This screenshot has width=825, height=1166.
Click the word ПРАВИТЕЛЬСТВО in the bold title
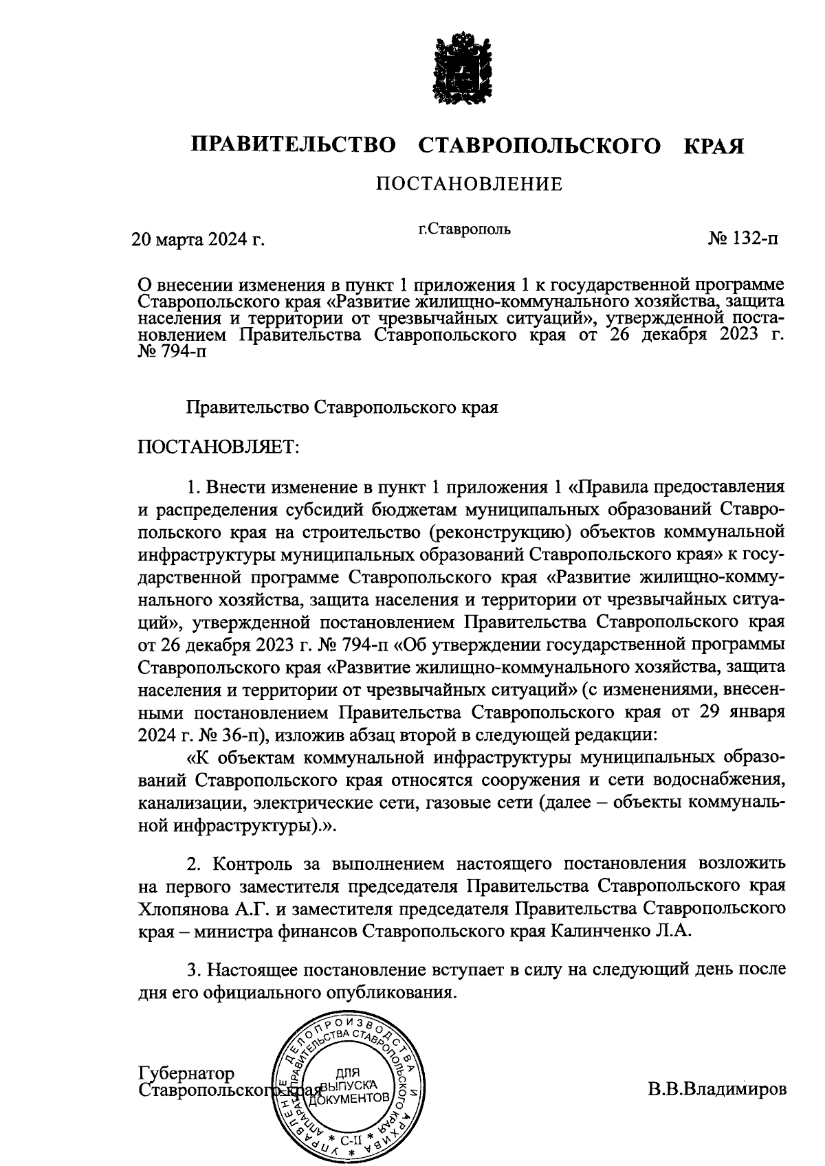[294, 146]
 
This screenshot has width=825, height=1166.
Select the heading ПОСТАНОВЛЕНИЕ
[468, 184]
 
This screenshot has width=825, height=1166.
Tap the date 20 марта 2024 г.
[198, 240]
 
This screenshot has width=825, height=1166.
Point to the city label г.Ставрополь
[465, 228]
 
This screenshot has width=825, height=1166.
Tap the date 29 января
[741, 711]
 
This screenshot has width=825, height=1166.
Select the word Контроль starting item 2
[255, 863]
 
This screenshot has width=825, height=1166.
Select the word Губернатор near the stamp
[186, 1073]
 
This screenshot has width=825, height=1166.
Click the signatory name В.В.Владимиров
[716, 1090]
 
